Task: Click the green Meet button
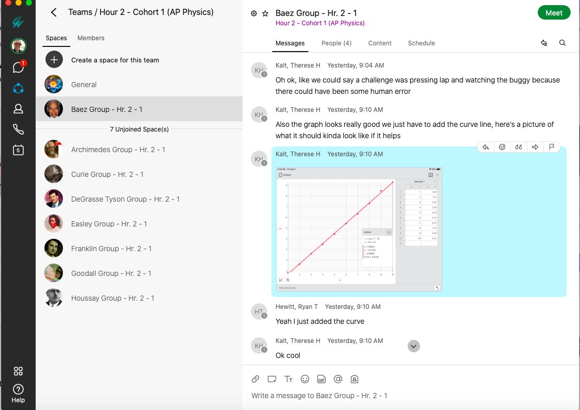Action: (x=554, y=13)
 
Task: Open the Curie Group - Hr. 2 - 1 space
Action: (x=107, y=174)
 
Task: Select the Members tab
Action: (x=91, y=38)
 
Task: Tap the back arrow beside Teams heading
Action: (x=54, y=12)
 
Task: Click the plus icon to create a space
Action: (x=54, y=60)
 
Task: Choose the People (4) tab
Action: (x=336, y=43)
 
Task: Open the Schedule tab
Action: (x=421, y=43)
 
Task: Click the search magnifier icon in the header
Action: (x=562, y=43)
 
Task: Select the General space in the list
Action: (x=84, y=85)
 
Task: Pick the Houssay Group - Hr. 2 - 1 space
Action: (x=112, y=298)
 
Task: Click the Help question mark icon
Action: (x=18, y=389)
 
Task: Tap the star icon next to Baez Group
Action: (x=265, y=13)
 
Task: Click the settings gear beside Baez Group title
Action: (x=254, y=13)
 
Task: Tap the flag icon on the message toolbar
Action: (x=552, y=147)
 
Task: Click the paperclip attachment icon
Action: (x=255, y=379)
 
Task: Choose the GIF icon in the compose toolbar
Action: (x=321, y=379)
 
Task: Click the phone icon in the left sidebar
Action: (x=18, y=129)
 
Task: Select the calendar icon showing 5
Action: (x=18, y=150)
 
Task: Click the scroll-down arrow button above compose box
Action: (x=413, y=347)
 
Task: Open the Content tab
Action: (x=380, y=43)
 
